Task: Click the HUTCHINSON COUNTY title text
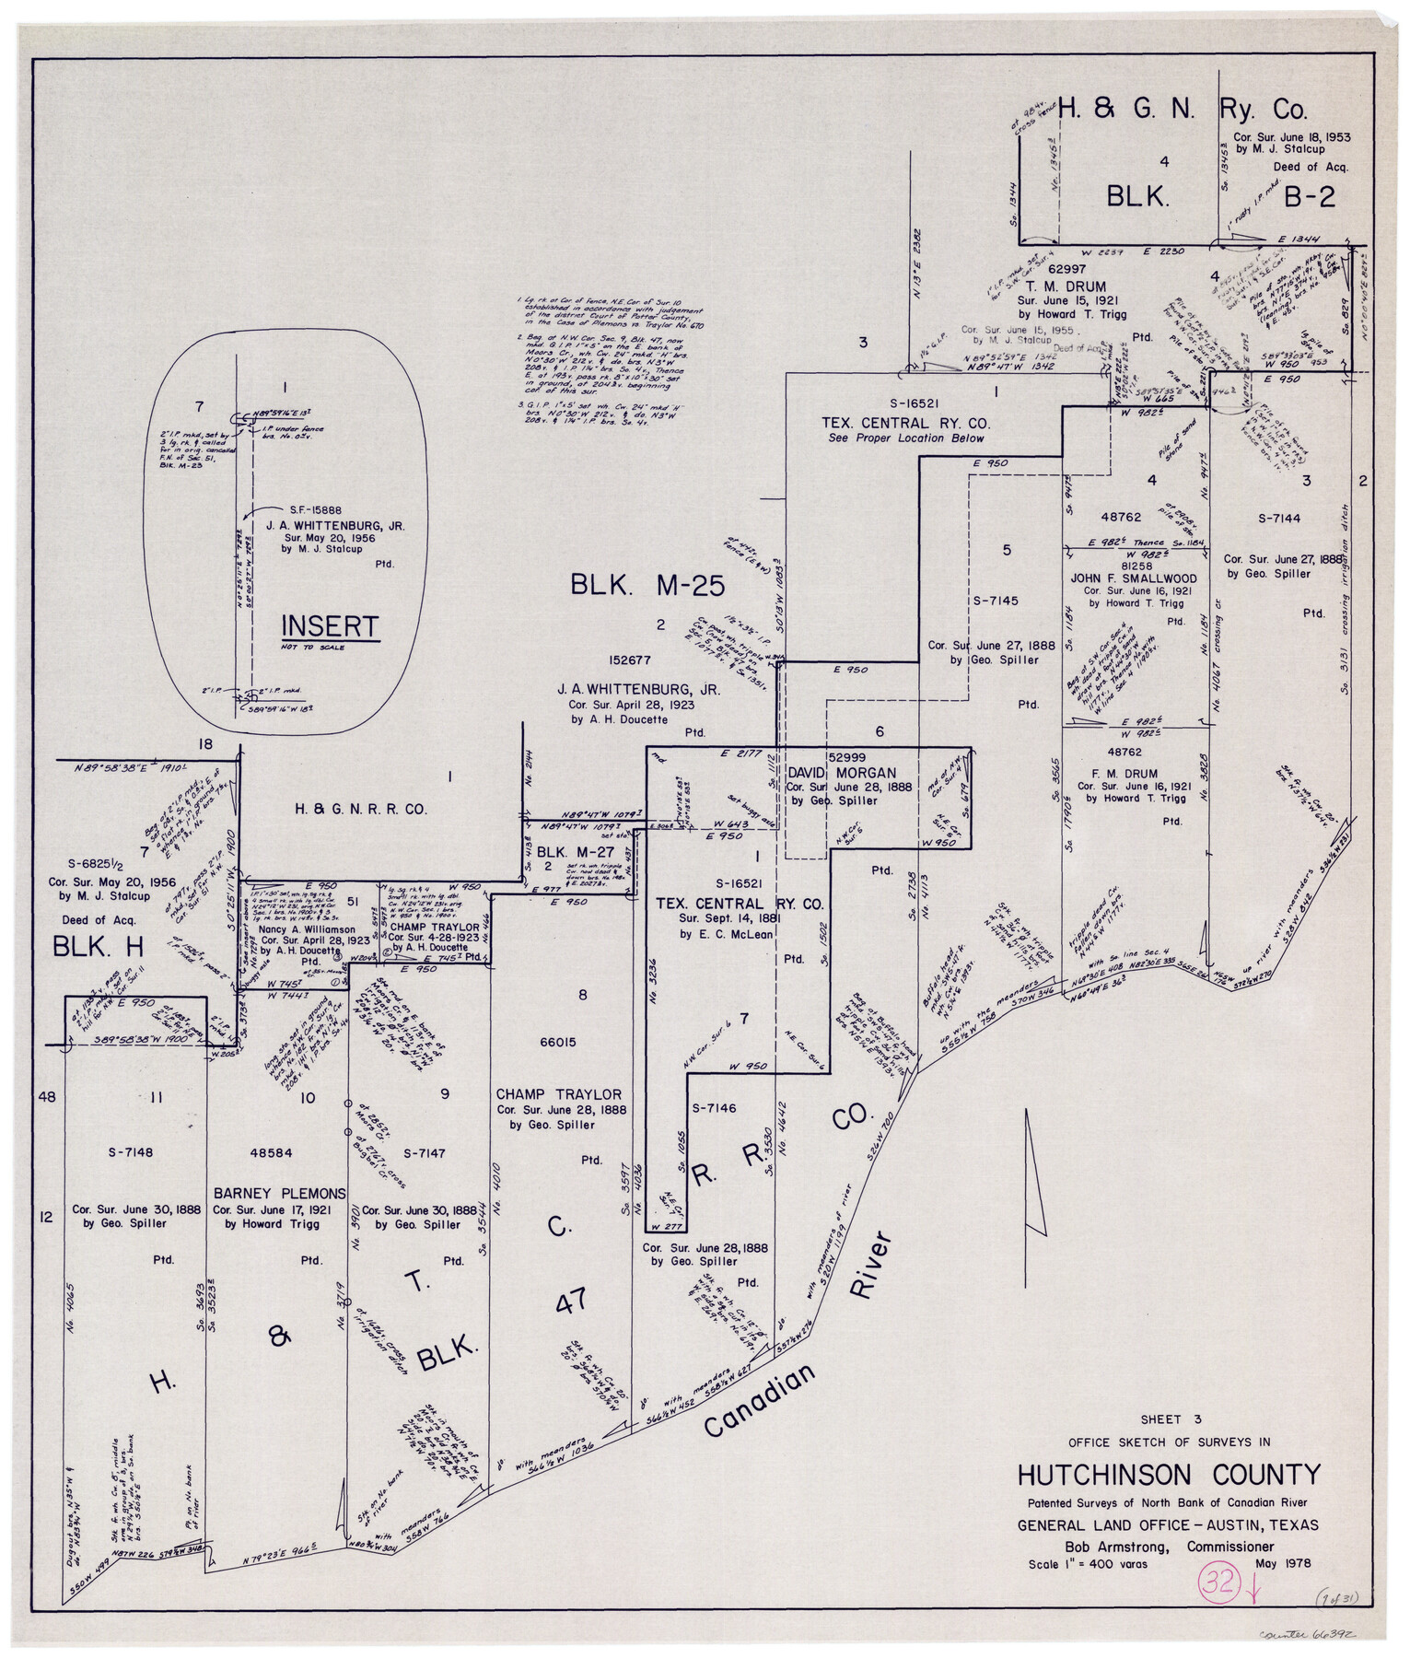click(x=1168, y=1476)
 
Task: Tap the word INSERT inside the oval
click(x=330, y=627)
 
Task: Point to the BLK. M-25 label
click(x=647, y=585)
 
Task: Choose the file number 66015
click(x=558, y=1043)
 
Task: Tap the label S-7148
click(x=130, y=1151)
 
